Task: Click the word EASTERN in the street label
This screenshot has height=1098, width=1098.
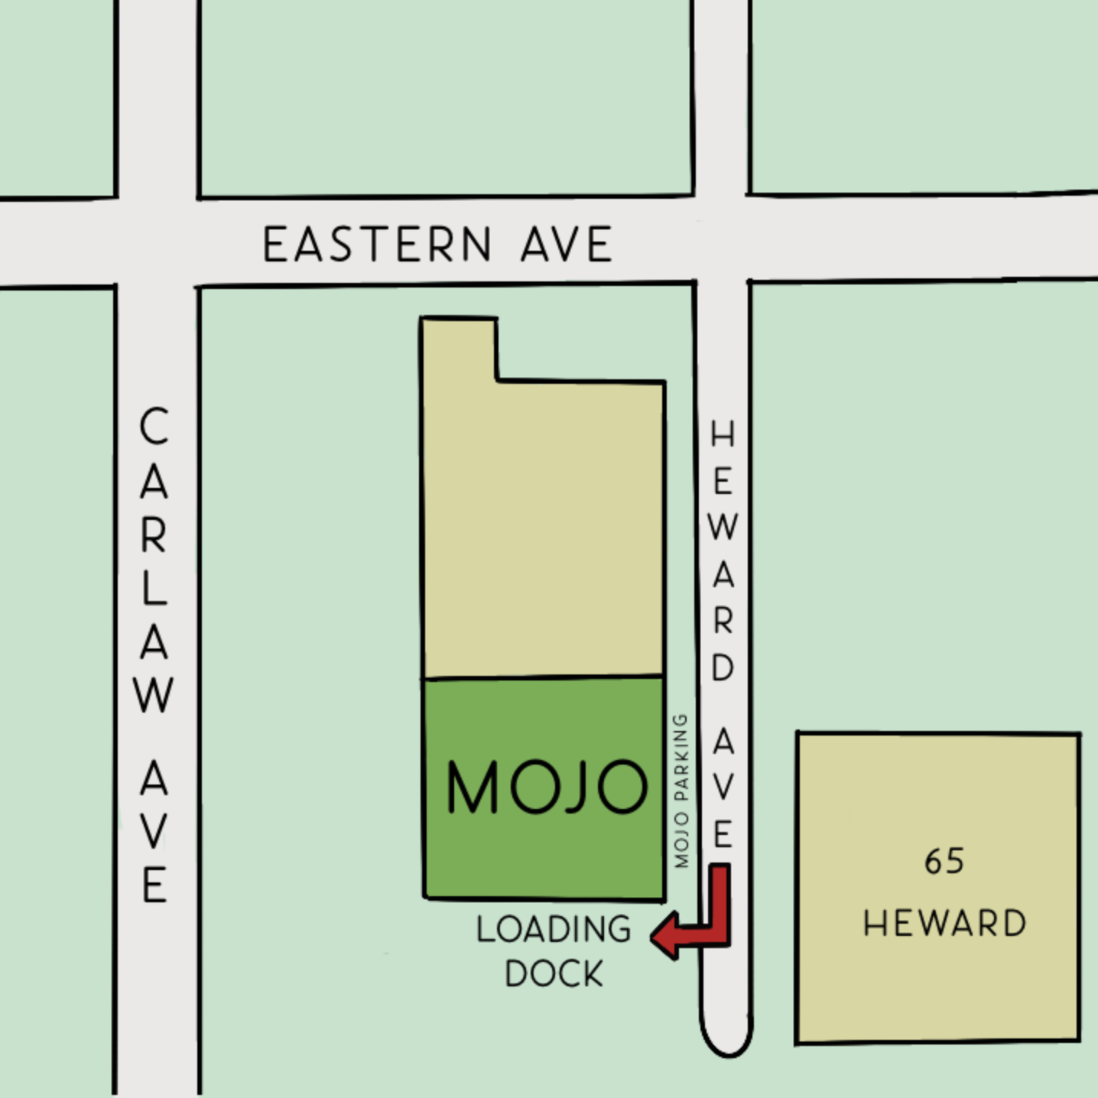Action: pyautogui.click(x=377, y=245)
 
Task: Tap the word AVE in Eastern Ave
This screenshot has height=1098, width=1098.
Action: pyautogui.click(x=567, y=245)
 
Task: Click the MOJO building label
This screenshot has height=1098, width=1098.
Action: pyautogui.click(x=546, y=787)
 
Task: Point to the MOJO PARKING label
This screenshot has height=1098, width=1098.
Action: pyautogui.click(x=681, y=791)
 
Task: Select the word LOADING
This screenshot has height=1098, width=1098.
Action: pyautogui.click(x=554, y=929)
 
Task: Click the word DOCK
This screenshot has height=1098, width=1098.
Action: pyautogui.click(x=554, y=973)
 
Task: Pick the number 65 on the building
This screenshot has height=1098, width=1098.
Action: pyautogui.click(x=944, y=862)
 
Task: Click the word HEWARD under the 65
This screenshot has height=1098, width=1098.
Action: pyautogui.click(x=944, y=923)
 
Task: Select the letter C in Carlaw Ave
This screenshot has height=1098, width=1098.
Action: pyautogui.click(x=154, y=426)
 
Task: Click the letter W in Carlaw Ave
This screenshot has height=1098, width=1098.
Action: pyautogui.click(x=154, y=695)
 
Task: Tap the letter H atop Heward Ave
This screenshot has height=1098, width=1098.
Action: pyautogui.click(x=723, y=434)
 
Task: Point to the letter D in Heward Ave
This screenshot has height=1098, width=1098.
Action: pyautogui.click(x=723, y=668)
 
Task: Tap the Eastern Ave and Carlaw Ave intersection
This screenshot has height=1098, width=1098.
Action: pyautogui.click(x=158, y=243)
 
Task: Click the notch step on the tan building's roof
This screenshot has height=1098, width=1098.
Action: pyautogui.click(x=497, y=379)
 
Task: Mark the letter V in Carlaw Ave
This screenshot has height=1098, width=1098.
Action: pyautogui.click(x=154, y=832)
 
